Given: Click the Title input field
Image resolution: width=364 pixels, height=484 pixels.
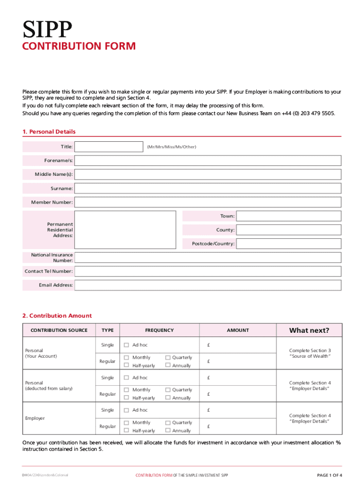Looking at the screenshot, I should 109,147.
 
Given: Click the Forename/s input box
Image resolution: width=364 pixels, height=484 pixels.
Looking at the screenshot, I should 208,161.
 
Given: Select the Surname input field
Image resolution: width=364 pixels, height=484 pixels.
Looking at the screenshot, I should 208,189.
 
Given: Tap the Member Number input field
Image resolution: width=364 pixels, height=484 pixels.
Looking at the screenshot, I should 208,202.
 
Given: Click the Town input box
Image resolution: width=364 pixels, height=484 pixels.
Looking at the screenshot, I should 288,216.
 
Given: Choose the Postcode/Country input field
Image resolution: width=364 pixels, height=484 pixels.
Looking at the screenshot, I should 288,244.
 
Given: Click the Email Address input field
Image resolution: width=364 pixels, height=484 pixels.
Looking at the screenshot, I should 208,285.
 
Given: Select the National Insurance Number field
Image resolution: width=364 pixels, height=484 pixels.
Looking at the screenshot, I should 208,258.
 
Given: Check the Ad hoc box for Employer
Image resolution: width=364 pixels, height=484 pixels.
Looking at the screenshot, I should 126,410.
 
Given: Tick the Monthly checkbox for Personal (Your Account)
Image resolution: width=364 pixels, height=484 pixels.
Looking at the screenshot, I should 126,358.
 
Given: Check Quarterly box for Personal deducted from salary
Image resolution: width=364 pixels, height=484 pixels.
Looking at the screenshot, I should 167,390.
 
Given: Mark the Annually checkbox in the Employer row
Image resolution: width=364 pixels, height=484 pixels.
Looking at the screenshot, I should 167,431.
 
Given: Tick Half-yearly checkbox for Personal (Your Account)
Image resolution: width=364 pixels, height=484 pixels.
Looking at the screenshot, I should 126,366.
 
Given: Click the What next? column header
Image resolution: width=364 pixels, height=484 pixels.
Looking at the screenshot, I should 309,330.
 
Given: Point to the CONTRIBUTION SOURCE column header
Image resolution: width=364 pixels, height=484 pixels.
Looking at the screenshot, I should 59,330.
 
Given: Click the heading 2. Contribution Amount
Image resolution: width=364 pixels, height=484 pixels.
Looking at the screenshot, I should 57,316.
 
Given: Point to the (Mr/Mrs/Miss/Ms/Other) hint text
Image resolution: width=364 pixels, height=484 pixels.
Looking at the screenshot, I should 171,147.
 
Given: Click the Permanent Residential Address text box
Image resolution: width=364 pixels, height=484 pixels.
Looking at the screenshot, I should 128,230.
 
